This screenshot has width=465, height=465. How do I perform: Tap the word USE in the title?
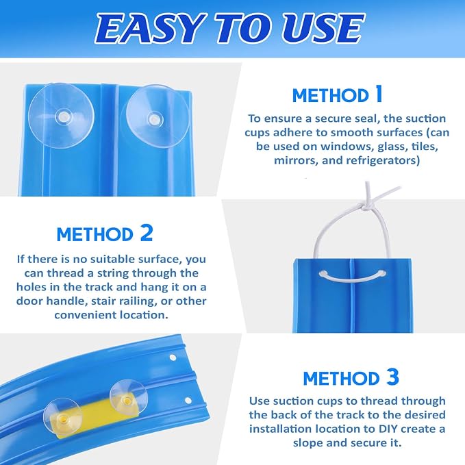tap(323, 28)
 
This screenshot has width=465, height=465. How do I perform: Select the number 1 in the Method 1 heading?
tap(379, 95)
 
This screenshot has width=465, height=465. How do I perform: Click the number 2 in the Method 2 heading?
tap(146, 233)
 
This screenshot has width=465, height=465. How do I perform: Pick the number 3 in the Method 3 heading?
tap(392, 377)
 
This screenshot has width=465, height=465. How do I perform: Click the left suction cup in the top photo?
tap(62, 115)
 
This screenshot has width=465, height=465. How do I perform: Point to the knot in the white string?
tap(366, 206)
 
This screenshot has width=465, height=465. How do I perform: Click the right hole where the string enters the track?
tap(383, 273)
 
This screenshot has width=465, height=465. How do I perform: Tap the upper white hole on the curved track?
tap(173, 357)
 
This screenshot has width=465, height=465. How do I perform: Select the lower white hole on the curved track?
tap(188, 401)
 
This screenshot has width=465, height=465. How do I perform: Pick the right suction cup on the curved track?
tap(129, 399)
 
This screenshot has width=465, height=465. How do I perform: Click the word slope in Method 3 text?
tap(307, 443)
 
